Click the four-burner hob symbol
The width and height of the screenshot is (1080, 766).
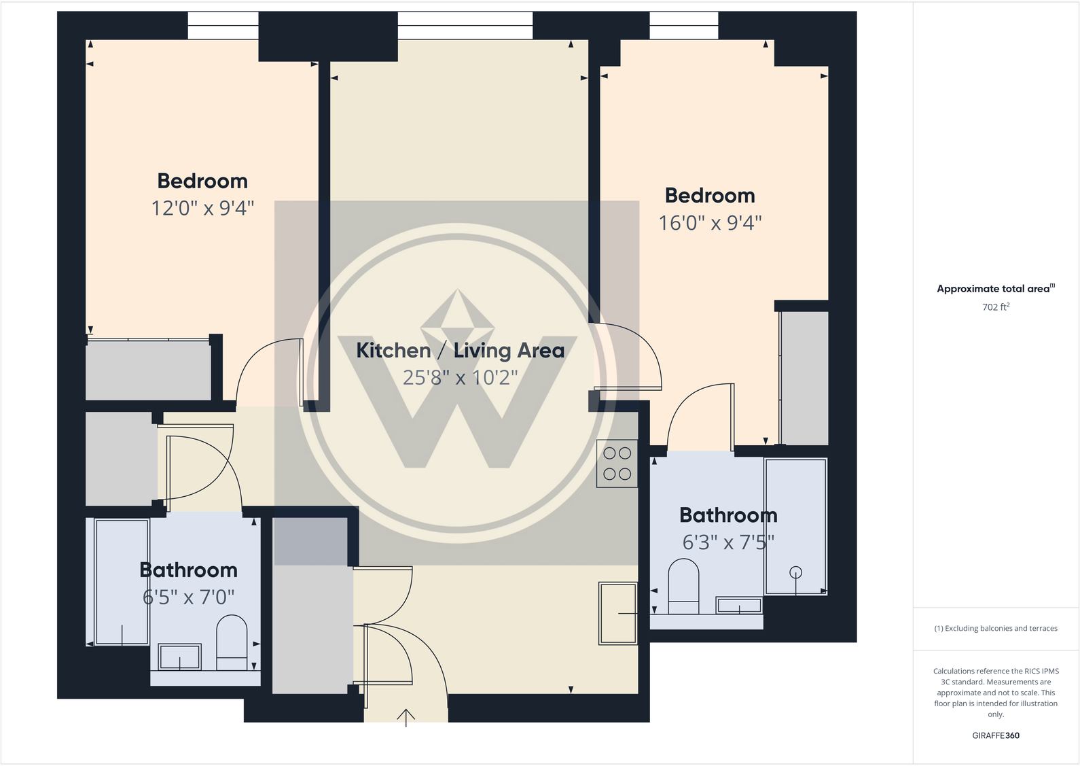(617, 464)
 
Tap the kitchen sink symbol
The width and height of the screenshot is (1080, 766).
(617, 613)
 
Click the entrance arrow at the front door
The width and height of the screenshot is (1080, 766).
(406, 717)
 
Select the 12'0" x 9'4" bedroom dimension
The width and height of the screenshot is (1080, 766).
(202, 208)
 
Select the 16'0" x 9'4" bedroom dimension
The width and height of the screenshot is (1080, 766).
(710, 223)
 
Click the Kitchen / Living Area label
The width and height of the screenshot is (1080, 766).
(460, 350)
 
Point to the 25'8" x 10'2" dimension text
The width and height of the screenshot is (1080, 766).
(460, 377)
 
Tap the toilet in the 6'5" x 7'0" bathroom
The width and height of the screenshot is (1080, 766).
(231, 643)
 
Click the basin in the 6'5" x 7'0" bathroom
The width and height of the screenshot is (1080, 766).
(179, 657)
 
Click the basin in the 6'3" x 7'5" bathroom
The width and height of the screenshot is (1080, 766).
(739, 605)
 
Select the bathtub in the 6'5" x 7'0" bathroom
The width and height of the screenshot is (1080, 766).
(122, 582)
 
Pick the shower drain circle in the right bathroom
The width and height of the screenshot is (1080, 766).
(795, 572)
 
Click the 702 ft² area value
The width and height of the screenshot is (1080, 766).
(995, 307)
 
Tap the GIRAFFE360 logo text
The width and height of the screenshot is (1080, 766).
(995, 735)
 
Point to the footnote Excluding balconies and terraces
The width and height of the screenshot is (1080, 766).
(995, 629)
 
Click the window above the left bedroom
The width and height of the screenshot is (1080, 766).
(223, 26)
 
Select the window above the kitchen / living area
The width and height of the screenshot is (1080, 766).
(465, 26)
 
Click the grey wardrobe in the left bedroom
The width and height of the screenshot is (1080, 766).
(148, 370)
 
